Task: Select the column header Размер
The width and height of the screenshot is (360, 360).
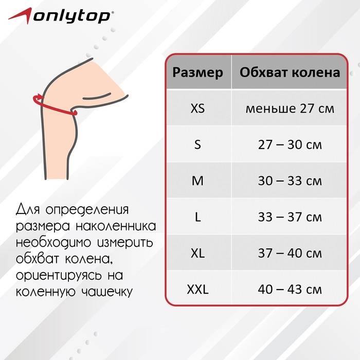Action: tap(198, 73)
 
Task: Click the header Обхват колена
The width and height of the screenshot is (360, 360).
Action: tap(290, 73)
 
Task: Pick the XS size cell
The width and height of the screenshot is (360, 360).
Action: tap(198, 109)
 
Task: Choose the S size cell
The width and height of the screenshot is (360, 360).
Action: tap(198, 145)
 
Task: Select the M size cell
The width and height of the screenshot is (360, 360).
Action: tap(198, 181)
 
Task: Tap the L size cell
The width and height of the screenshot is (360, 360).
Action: tap(198, 218)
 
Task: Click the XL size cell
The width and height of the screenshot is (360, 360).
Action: tap(198, 254)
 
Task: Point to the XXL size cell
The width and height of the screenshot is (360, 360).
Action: tap(198, 290)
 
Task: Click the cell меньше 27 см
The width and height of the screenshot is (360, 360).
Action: tap(290, 109)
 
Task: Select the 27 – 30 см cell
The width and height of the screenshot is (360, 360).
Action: tap(290, 145)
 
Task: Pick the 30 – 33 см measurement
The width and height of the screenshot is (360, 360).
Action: tap(290, 181)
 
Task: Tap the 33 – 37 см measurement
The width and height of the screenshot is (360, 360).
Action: tap(290, 218)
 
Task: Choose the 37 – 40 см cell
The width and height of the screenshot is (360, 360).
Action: tap(290, 254)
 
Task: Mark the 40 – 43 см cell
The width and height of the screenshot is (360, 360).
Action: tap(290, 290)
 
